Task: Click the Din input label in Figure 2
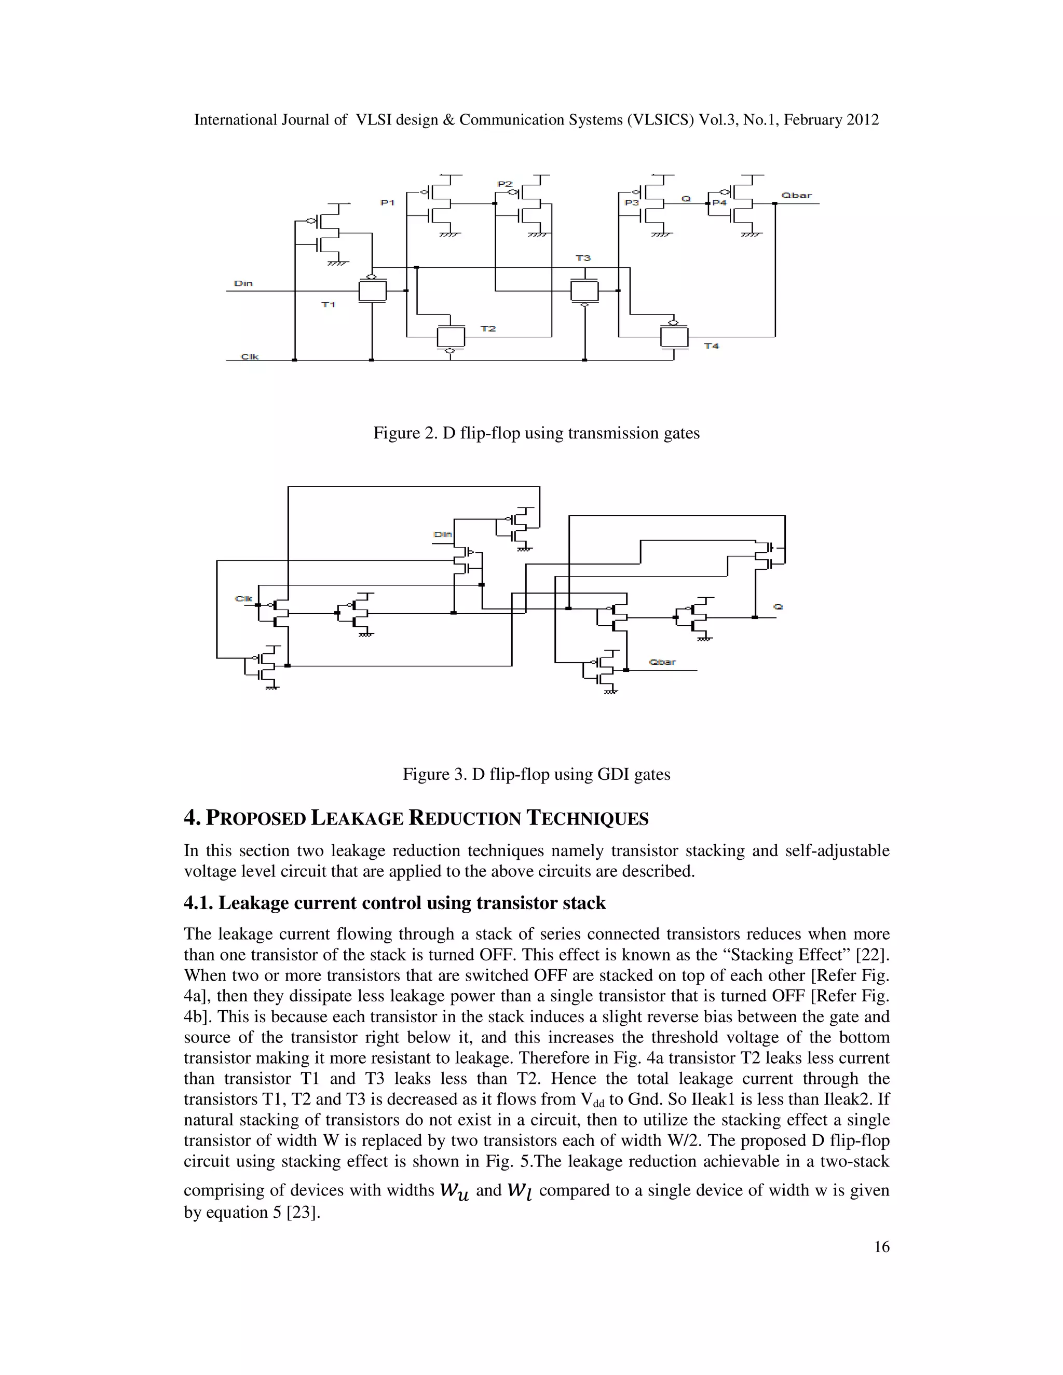click(x=243, y=283)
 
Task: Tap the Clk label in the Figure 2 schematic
click(x=250, y=356)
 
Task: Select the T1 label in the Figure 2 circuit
click(x=328, y=305)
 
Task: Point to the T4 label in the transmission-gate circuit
click(x=712, y=346)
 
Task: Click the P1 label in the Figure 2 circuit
click(x=387, y=203)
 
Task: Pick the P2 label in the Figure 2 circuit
click(x=505, y=184)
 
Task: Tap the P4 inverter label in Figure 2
click(x=719, y=203)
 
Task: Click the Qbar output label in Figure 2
click(x=797, y=195)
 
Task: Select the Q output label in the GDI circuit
click(x=779, y=606)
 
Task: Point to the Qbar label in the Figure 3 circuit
click(x=662, y=662)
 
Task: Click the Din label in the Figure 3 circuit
click(x=443, y=534)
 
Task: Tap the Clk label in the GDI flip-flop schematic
click(x=244, y=598)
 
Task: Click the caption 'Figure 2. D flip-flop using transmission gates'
click(x=537, y=433)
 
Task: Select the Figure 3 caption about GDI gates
click(x=537, y=774)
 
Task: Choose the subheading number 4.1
click(x=198, y=903)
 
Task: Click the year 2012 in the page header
click(x=862, y=120)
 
